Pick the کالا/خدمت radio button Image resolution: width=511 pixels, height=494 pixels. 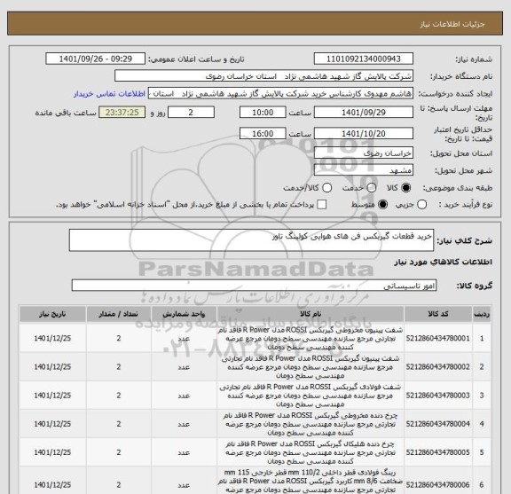click(x=327, y=188)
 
